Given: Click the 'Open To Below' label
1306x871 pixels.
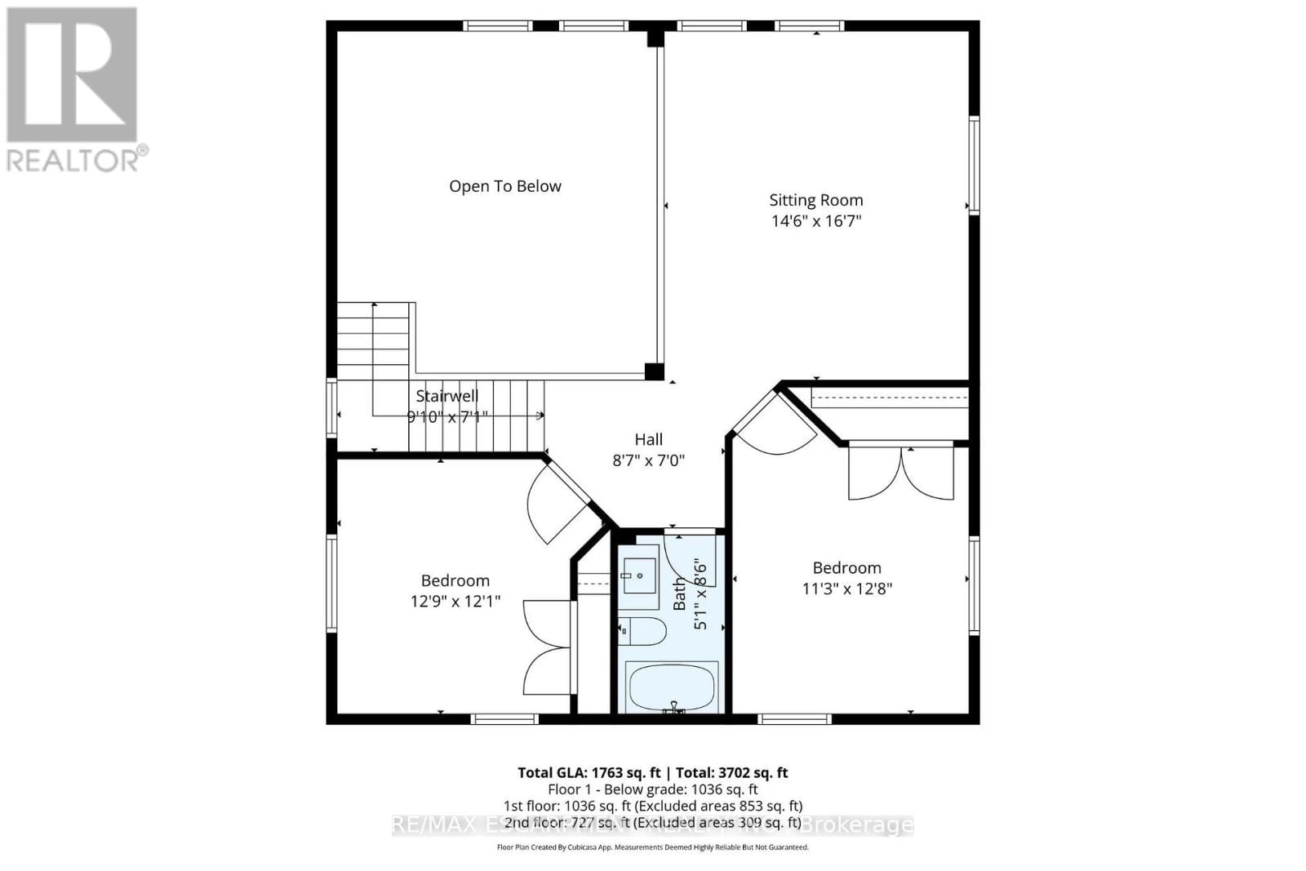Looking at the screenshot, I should [x=504, y=186].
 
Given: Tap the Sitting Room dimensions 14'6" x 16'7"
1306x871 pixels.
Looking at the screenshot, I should [x=815, y=220].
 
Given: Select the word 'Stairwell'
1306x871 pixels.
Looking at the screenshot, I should [x=446, y=396].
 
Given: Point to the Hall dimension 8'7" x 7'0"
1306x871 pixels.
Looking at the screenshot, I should [x=648, y=460].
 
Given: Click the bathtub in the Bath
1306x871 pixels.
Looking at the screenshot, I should [x=671, y=687].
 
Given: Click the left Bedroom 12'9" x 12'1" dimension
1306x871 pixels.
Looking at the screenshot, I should [x=455, y=602].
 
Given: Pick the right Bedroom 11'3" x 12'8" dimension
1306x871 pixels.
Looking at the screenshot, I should [x=846, y=589].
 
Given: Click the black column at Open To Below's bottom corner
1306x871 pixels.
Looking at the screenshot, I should [x=654, y=371].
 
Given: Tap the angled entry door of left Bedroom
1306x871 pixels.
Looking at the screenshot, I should [x=559, y=502].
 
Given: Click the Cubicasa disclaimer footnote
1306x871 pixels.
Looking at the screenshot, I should [x=652, y=847].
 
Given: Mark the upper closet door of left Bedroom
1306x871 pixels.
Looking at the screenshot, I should [x=545, y=624].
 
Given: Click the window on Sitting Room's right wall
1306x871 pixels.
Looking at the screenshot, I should [x=974, y=166].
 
